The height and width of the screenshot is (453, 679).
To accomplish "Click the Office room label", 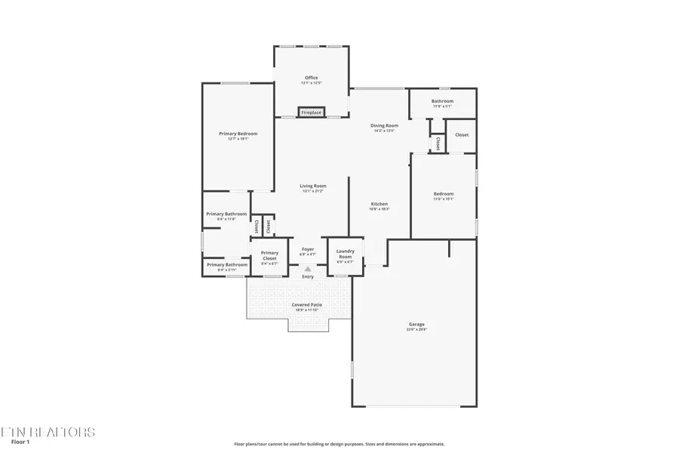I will (311, 78).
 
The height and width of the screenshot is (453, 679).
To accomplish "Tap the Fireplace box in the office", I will (311, 112).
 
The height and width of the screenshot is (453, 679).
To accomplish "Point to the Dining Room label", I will (384, 125).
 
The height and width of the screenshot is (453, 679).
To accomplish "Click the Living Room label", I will (312, 186).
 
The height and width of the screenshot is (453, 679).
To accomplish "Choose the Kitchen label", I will (379, 204).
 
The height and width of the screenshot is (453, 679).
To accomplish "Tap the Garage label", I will (416, 325).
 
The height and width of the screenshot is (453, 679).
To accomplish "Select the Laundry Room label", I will (345, 254).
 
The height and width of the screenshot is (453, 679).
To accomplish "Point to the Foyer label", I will (308, 249).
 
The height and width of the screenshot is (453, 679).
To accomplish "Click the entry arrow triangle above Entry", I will (308, 269).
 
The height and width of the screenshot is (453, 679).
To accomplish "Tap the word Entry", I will (308, 277).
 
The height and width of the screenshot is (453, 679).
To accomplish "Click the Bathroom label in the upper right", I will (442, 101).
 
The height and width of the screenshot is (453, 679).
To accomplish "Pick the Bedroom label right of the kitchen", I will (443, 194).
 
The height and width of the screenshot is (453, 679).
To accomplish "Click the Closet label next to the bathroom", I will (462, 135).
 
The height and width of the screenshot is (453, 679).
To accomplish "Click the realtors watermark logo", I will (48, 431).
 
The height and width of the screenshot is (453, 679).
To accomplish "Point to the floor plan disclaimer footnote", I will (339, 444).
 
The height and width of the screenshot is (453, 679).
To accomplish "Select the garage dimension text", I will (416, 329).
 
